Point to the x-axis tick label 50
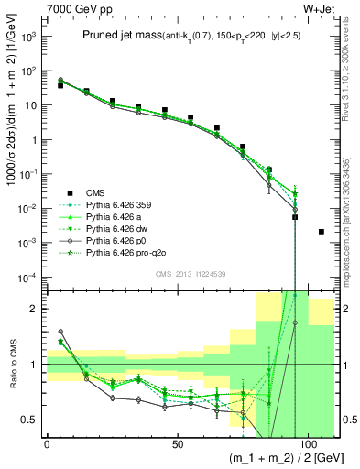[x=177, y=442]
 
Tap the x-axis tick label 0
[x=47, y=442]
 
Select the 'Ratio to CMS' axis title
[x=10, y=365]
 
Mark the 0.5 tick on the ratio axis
[x=29, y=420]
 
